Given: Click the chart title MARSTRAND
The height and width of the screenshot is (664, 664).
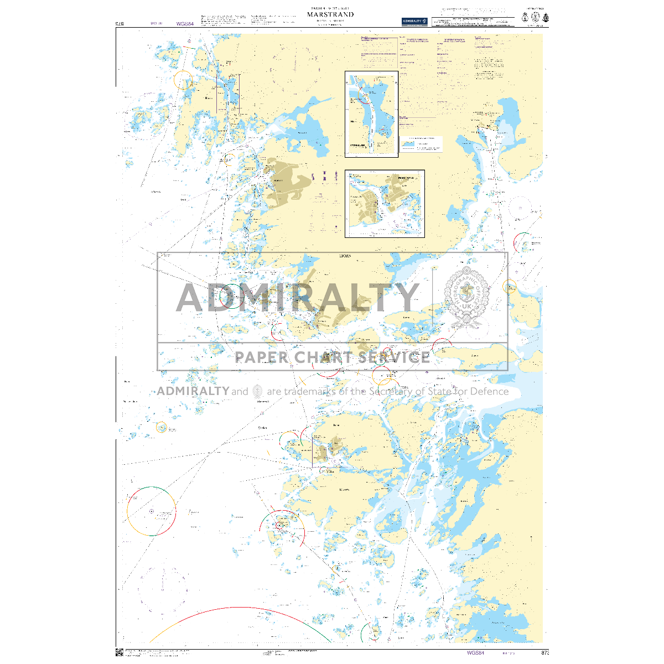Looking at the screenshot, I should pyautogui.click(x=330, y=14).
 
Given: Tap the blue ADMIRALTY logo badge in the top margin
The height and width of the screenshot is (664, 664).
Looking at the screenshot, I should pyautogui.click(x=414, y=21).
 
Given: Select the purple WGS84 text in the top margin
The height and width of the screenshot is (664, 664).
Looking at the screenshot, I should pyautogui.click(x=185, y=24).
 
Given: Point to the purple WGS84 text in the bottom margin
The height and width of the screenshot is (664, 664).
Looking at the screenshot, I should pyautogui.click(x=475, y=653).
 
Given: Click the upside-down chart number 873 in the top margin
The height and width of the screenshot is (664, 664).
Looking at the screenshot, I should pyautogui.click(x=119, y=24).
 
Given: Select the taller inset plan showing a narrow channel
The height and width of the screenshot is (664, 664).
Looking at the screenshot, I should pyautogui.click(x=371, y=113).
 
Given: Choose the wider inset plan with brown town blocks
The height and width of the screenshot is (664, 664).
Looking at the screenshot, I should pyautogui.click(x=385, y=204).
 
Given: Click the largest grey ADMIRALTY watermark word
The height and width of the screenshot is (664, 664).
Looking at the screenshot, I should pyautogui.click(x=298, y=298).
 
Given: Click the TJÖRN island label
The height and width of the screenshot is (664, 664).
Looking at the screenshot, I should pyautogui.click(x=344, y=256).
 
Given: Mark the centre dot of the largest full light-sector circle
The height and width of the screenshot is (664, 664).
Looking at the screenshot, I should pyautogui.click(x=152, y=511).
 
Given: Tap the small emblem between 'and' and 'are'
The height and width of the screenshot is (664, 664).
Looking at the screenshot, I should pyautogui.click(x=257, y=391).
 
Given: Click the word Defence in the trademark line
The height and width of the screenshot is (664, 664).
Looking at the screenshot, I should pyautogui.click(x=489, y=391).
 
